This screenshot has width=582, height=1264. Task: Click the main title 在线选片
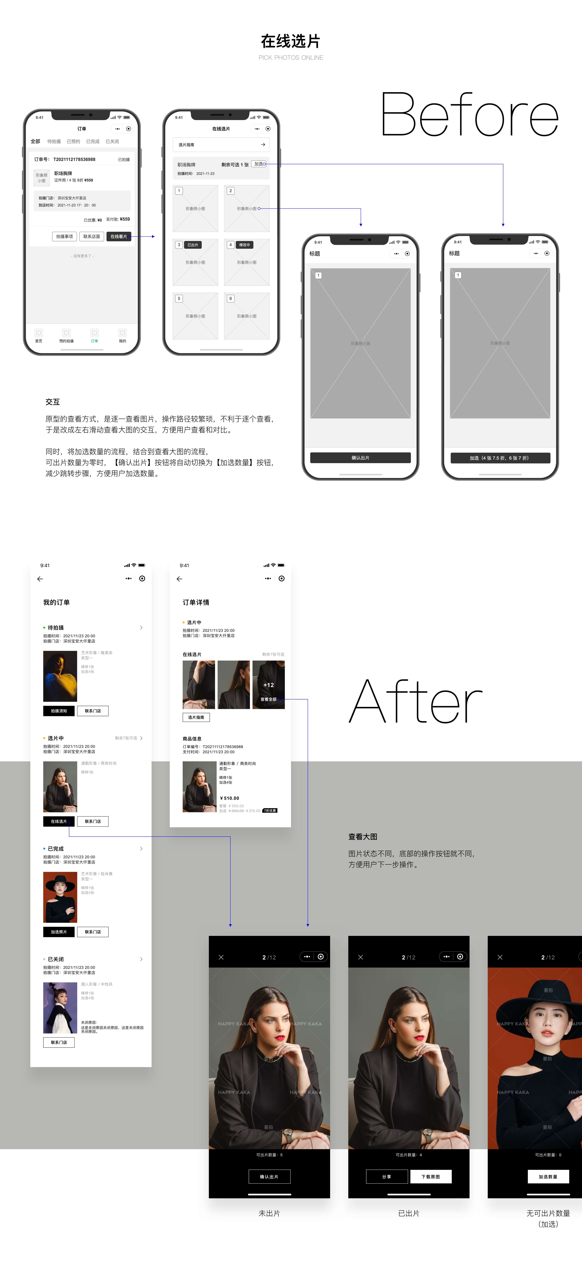[291, 41]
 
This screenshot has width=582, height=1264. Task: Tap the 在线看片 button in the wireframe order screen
[118, 236]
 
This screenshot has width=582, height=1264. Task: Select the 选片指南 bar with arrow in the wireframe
[221, 145]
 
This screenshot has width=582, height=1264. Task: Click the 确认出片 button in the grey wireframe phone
[360, 458]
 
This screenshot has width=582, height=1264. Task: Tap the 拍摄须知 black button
[59, 711]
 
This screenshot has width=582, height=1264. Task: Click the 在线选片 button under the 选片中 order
[59, 821]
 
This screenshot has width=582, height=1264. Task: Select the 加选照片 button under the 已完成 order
[59, 932]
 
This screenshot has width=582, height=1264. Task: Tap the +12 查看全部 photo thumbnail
[268, 685]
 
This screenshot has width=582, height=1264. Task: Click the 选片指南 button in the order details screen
[196, 717]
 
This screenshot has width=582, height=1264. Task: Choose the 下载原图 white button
[430, 1177]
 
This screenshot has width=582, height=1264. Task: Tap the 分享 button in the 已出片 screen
[387, 1177]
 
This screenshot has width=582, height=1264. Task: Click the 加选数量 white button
[548, 1177]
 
